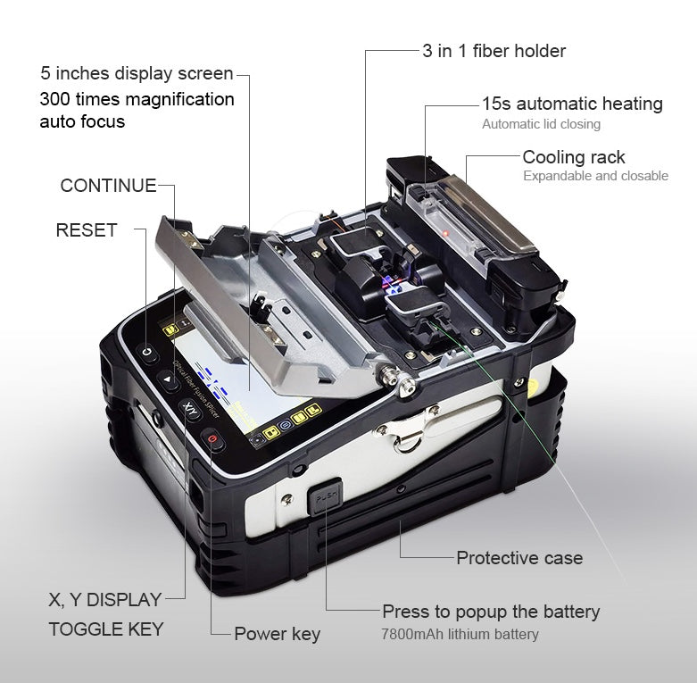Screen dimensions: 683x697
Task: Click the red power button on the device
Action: [x=212, y=439]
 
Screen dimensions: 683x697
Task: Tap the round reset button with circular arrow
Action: [x=148, y=354]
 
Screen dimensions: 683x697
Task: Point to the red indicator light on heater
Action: [x=445, y=234]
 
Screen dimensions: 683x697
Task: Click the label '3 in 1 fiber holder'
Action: [x=494, y=51]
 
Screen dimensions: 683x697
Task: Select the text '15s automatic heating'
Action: [x=572, y=104]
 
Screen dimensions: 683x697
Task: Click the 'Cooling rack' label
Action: [x=574, y=157]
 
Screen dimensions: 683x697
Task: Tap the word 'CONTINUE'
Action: [x=108, y=186]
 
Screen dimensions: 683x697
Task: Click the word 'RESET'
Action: [x=87, y=229]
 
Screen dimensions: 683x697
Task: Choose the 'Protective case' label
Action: [x=519, y=558]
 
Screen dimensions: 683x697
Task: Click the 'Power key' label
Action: [x=277, y=634]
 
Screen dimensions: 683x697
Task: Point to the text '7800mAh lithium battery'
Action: [x=461, y=634]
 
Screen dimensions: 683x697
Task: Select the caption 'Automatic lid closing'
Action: [x=541, y=124]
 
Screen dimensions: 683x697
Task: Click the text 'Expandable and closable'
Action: [x=595, y=176]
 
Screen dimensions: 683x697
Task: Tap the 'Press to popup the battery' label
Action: [x=491, y=612]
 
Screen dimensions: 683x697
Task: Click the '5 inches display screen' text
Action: [x=137, y=73]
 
